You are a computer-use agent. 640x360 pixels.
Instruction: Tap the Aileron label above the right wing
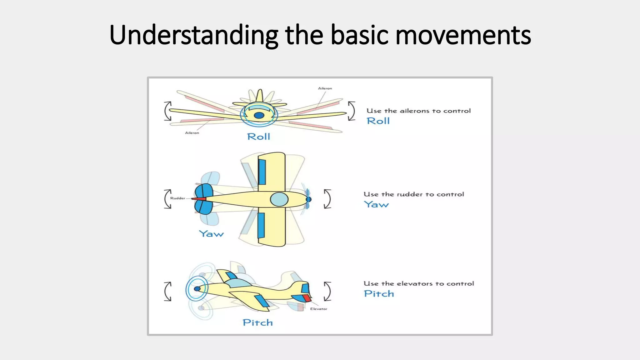point(325,88)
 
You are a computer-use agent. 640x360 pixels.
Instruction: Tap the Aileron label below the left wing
point(192,133)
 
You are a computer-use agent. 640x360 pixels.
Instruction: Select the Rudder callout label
point(177,198)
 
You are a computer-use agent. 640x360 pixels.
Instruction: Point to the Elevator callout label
point(318,309)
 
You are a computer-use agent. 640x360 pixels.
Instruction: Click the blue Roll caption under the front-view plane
point(258,137)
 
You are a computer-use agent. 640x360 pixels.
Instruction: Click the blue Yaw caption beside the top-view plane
point(211,234)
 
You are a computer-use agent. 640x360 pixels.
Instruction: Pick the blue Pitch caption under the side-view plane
point(257,322)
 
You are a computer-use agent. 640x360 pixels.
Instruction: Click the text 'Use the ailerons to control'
point(418,111)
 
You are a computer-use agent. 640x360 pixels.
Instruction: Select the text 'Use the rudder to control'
point(414,194)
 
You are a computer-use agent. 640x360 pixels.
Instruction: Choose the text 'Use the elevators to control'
point(419,284)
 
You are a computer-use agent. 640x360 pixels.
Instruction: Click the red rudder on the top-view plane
point(199,199)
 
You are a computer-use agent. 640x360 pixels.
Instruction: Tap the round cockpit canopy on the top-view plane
point(279,199)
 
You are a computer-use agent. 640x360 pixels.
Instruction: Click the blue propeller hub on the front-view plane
point(259,116)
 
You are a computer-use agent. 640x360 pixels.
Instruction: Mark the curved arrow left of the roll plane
point(168,111)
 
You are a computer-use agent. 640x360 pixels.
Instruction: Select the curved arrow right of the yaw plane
point(327,199)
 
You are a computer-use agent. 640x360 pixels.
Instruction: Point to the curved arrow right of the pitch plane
point(327,291)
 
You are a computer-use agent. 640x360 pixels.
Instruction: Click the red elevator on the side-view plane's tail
point(307,298)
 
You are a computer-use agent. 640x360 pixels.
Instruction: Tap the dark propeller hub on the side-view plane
point(197,289)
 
